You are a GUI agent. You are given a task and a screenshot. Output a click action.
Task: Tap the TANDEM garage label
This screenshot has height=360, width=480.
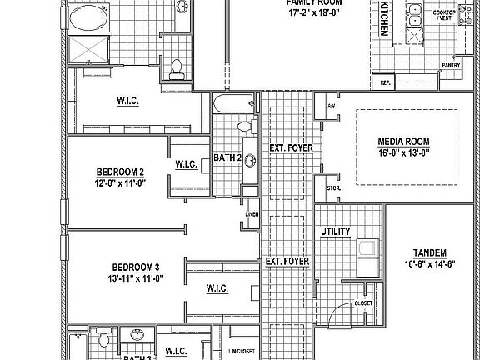430,252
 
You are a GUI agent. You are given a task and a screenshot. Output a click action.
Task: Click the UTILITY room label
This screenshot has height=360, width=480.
335,232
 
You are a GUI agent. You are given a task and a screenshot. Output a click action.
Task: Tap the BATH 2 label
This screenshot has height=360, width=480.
227,157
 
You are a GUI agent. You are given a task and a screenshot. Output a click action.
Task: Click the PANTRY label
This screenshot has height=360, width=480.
452,64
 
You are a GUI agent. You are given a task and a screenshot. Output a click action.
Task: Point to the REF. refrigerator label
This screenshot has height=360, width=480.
386,82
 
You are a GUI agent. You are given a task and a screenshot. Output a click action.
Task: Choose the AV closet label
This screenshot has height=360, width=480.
331,107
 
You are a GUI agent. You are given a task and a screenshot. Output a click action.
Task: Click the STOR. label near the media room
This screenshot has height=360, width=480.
333,188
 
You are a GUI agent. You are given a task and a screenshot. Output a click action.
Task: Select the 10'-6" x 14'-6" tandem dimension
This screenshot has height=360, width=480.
430,264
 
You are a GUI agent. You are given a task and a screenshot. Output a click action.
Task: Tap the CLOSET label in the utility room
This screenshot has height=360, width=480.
362,303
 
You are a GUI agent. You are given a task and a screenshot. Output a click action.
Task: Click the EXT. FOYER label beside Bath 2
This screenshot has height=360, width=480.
291,148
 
